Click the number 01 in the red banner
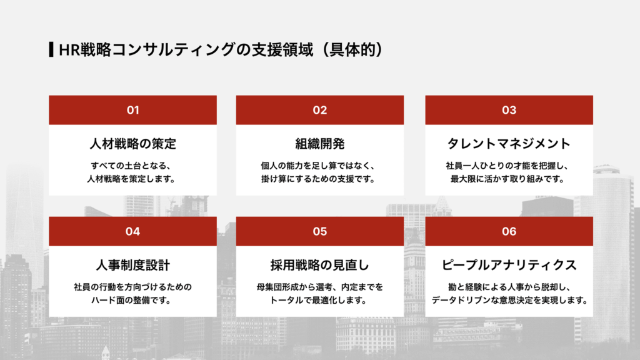pos(132,110)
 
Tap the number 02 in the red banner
pos(320,110)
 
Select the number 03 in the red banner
pos(509,110)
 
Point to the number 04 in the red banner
pos(132,231)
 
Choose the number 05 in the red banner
pos(320,231)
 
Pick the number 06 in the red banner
pos(509,231)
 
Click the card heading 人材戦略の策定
pos(132,144)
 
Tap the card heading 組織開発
pos(320,144)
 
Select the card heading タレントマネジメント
pos(509,144)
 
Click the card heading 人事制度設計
pos(132,265)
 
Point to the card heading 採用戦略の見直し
pos(320,265)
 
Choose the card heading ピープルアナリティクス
pos(509,265)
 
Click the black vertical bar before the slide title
pos(51,50)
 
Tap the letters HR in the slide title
pos(67,50)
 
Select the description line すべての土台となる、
pos(132,166)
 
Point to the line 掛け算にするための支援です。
pos(320,179)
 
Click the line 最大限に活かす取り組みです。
pos(509,179)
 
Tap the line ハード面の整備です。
pos(132,300)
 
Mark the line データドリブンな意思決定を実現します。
pos(509,300)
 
